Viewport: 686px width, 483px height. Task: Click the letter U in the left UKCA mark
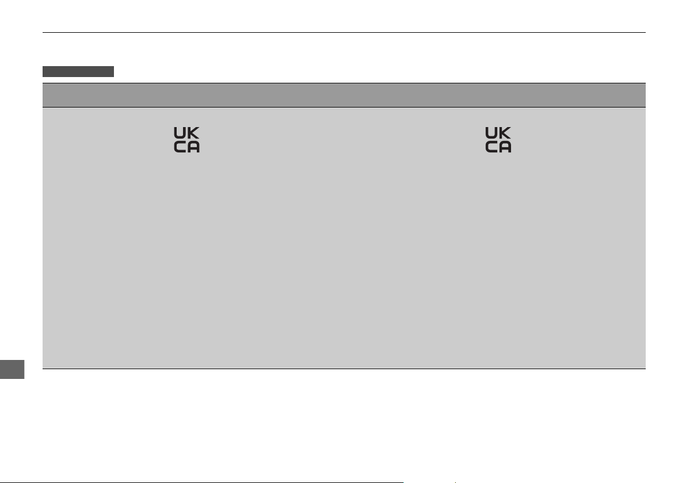[x=180, y=133]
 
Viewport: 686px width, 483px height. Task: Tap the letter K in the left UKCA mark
[x=193, y=133]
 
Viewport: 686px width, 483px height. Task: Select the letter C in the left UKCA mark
[x=180, y=147]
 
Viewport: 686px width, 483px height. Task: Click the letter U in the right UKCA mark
[x=491, y=133]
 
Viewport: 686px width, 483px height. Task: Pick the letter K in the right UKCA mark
[x=505, y=133]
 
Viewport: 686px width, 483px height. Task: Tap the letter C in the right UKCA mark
[x=491, y=147]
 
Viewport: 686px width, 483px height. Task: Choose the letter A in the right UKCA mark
[x=505, y=147]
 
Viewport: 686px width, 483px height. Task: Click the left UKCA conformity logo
[x=187, y=140]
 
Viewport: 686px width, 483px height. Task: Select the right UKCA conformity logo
[x=498, y=140]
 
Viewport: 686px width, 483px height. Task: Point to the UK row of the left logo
[x=187, y=133]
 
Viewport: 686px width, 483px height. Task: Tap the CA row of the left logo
[x=187, y=147]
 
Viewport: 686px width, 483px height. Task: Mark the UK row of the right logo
[x=498, y=133]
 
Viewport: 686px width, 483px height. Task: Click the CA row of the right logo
[x=498, y=147]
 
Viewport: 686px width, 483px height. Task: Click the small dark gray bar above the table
[x=78, y=72]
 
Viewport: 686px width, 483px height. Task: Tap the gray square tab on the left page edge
[x=12, y=369]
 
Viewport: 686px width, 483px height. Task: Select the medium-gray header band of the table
[x=344, y=95]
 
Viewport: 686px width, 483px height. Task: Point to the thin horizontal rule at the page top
[x=344, y=32]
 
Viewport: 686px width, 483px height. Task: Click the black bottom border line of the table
[x=344, y=369]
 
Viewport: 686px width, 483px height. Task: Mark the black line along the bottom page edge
[x=201, y=482]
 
